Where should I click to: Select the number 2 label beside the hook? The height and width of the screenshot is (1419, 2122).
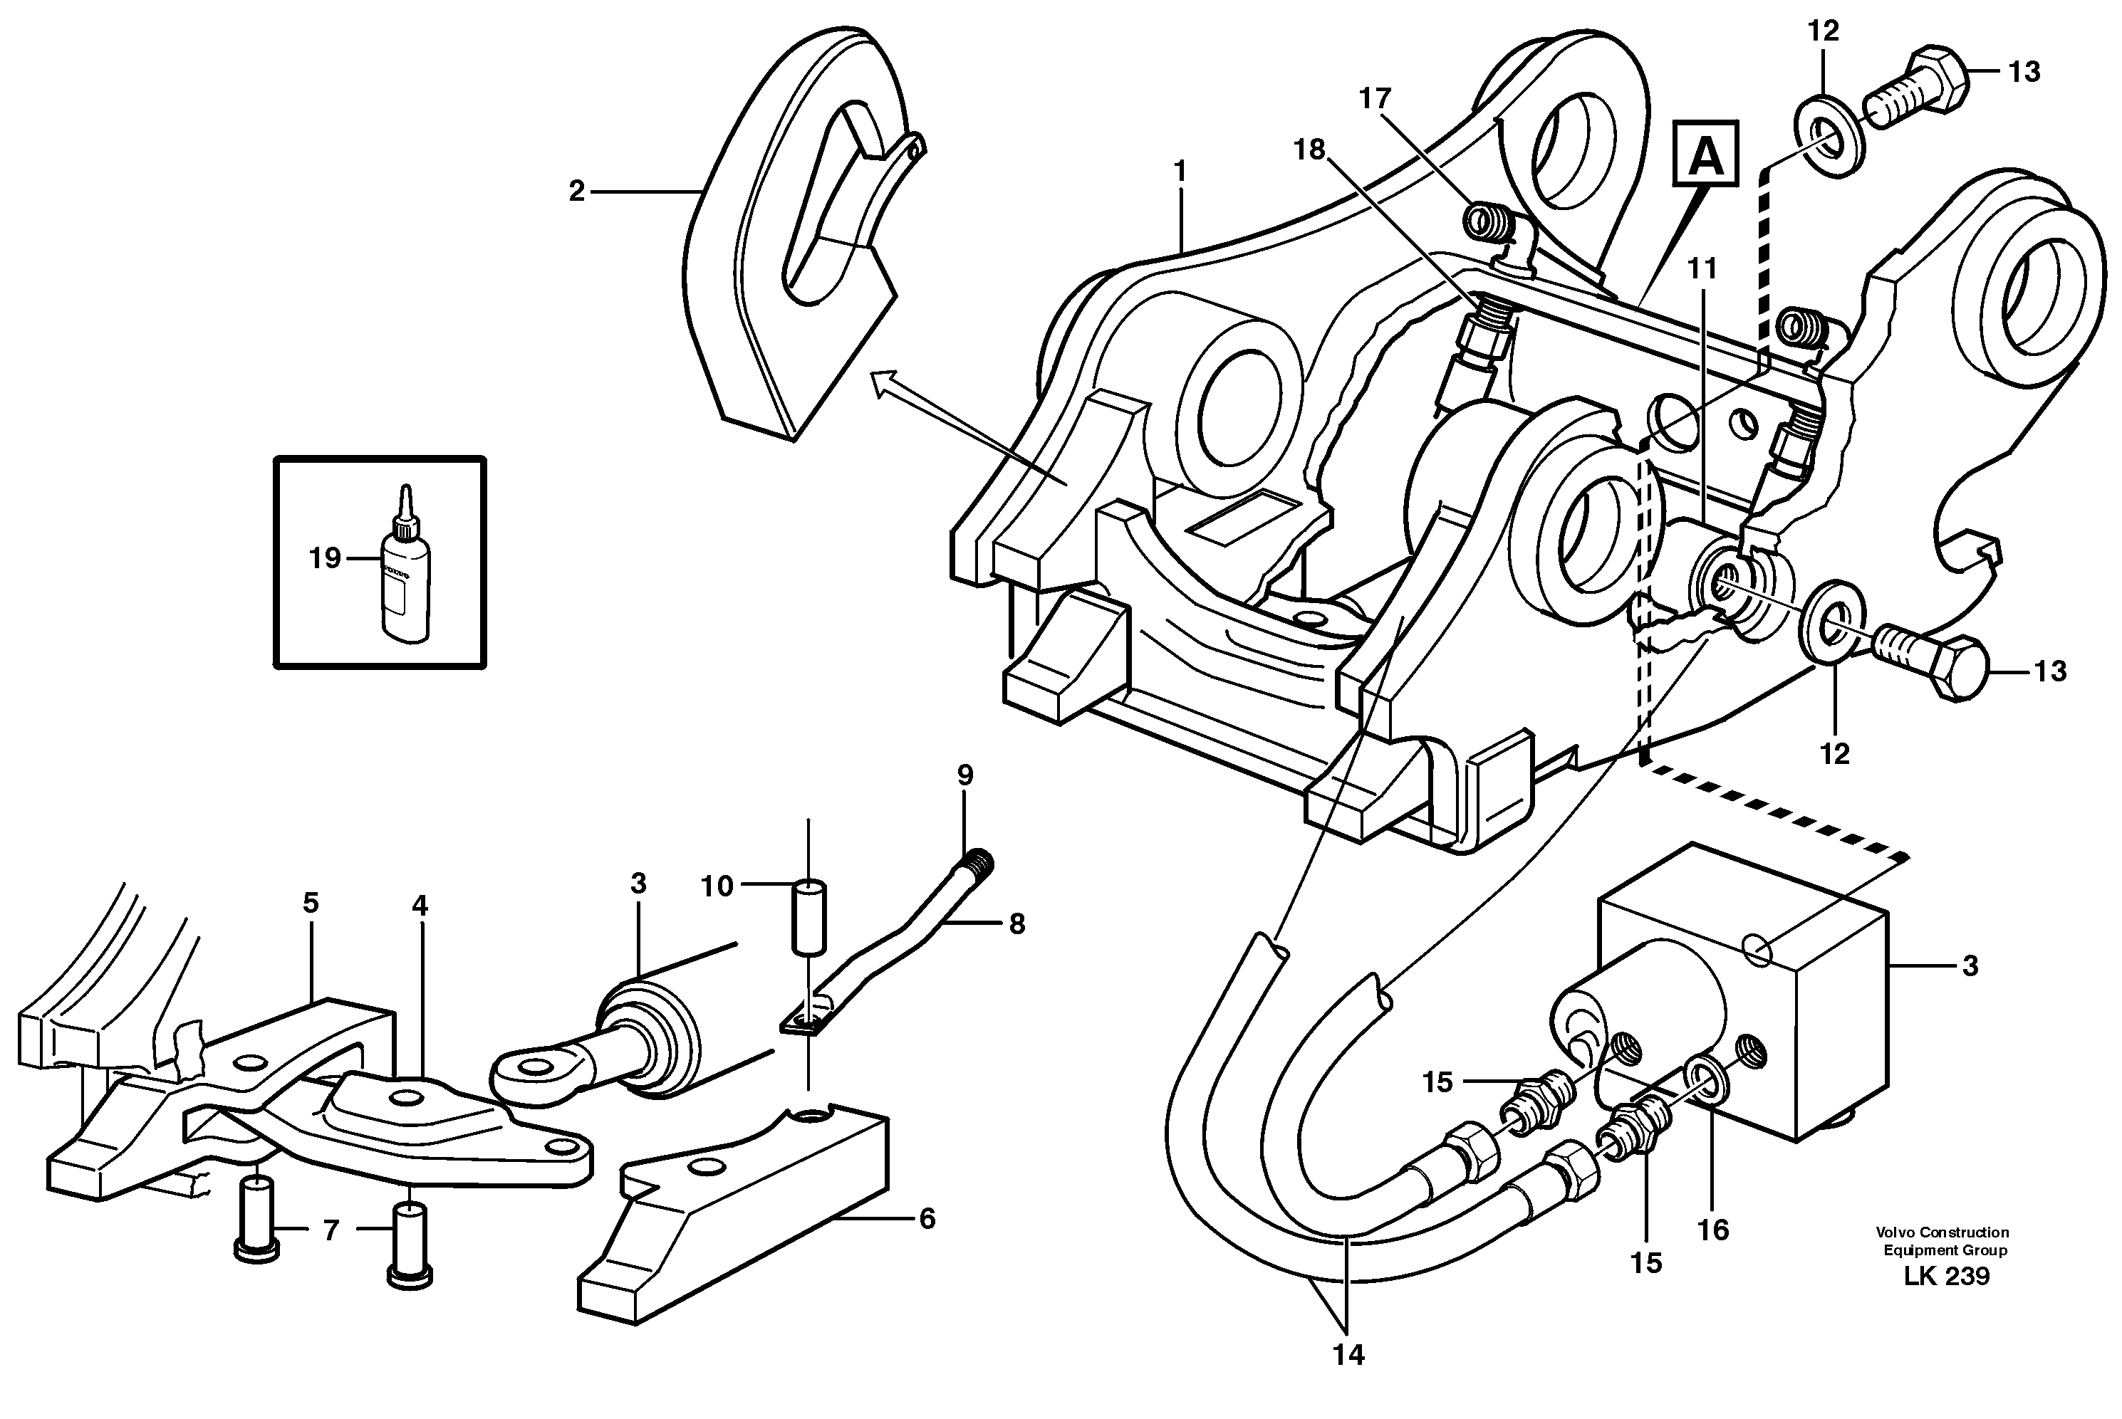(577, 192)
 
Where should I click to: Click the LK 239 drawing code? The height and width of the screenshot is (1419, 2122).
(1945, 1277)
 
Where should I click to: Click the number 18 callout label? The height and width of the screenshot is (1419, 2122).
(1309, 150)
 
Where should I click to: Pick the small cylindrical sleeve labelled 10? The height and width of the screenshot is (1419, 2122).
(809, 915)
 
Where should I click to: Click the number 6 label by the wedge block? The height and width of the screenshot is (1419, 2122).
(927, 1219)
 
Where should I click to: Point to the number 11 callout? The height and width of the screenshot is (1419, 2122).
(1702, 269)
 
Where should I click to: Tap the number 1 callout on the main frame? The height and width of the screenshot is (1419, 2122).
(1179, 170)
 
